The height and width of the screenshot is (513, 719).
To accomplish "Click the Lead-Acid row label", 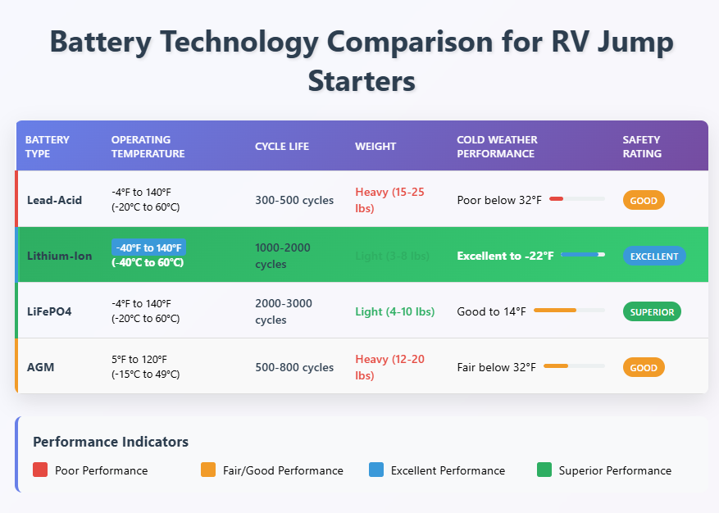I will pos(54,200).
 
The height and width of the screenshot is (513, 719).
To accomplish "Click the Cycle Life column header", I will pos(282,147).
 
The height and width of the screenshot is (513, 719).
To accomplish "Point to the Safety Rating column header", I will pos(642,147).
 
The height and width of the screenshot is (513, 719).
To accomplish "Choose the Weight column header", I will pos(375,147).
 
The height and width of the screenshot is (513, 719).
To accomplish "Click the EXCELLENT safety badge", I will pos(654,256).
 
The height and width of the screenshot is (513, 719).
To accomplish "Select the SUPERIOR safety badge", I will pos(652,311).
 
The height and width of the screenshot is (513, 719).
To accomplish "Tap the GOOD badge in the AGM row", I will pos(644,368).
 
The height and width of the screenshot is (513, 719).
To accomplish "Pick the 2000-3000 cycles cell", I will pos(283,311).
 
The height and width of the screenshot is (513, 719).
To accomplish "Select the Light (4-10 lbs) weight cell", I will pos(394,311).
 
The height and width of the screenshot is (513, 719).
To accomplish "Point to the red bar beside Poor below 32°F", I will pos(556,199).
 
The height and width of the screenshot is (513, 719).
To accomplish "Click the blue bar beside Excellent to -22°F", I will pos(581,255).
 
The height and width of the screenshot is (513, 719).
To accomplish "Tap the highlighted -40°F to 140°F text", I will pos(148,247).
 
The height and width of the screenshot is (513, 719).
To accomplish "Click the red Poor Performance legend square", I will pos(40,470).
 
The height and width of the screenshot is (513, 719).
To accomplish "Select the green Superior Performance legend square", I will pos(544,470).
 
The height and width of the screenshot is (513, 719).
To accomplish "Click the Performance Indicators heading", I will pos(111,442).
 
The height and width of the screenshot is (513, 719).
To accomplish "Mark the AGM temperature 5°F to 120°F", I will pos(141,360).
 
